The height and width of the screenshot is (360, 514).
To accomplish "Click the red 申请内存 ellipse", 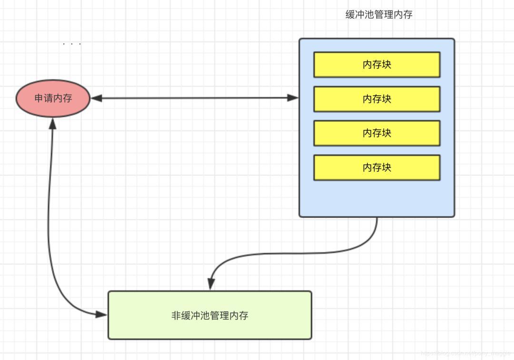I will click(x=53, y=98).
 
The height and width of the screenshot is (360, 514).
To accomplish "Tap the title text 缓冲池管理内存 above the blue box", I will click(x=379, y=15).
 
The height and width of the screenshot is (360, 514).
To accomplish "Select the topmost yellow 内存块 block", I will click(x=376, y=65).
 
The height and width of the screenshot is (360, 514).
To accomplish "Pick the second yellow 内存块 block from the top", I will click(x=376, y=99).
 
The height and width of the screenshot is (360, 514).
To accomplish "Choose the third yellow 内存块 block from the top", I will click(x=376, y=133).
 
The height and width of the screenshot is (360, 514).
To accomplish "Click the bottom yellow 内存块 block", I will click(x=376, y=167).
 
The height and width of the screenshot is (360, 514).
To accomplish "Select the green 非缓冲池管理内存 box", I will click(x=210, y=315).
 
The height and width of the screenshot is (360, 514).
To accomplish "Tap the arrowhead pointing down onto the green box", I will click(x=210, y=284).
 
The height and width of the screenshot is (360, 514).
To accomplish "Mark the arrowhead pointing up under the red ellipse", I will click(x=52, y=124).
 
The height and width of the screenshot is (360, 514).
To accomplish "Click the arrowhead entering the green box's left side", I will click(x=101, y=314).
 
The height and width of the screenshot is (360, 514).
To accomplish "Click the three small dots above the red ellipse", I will click(x=72, y=44).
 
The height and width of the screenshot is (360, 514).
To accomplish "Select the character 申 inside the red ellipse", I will click(x=39, y=98).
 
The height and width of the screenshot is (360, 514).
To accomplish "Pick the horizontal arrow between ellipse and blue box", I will click(x=195, y=98).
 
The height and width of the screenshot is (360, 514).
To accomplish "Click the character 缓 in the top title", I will click(x=350, y=15).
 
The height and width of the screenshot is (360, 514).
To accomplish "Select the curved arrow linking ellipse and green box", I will click(x=50, y=228).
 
